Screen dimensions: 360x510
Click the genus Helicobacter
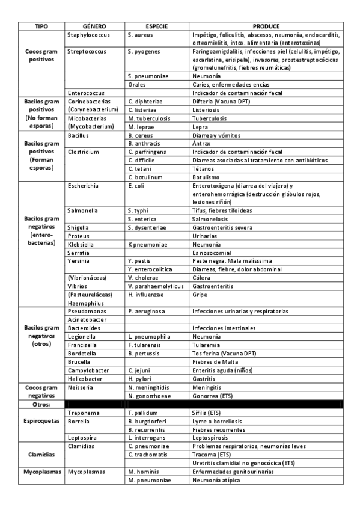(x=85, y=379)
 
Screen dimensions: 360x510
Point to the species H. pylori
(x=139, y=379)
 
